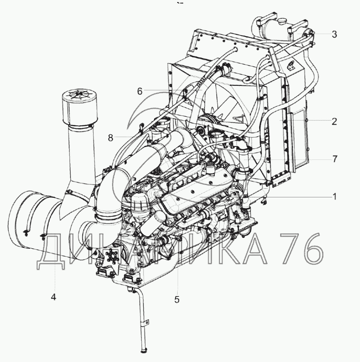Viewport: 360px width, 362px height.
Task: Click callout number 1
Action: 335,197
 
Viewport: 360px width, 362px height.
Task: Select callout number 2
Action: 335,122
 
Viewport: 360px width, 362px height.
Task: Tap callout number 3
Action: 335,34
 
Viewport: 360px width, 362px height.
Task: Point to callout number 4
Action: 53,297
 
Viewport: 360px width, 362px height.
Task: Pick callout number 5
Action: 177,300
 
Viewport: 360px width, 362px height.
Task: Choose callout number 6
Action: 140,91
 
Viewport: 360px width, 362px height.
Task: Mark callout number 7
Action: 335,159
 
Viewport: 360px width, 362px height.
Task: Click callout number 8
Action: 111,138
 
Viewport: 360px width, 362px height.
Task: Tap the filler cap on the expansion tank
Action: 282,21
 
